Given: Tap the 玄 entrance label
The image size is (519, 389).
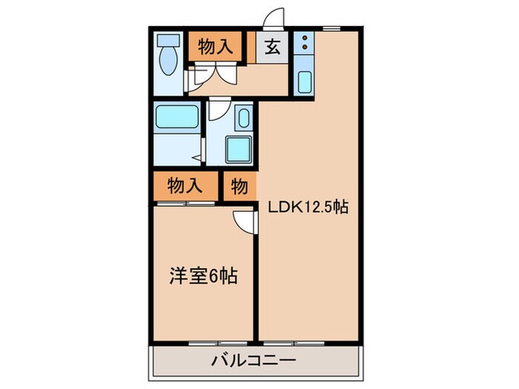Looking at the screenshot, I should click(272, 48).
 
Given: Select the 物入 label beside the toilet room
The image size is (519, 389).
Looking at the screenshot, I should click(215, 48).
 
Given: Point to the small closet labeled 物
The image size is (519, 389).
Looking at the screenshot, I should click(239, 186).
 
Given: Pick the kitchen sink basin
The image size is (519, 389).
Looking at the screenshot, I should click(304, 82).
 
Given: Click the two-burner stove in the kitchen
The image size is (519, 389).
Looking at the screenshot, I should click(303, 46).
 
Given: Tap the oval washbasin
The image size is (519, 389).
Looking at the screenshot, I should click(242, 118).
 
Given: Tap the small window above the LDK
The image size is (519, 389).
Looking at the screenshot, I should click(331, 29).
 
